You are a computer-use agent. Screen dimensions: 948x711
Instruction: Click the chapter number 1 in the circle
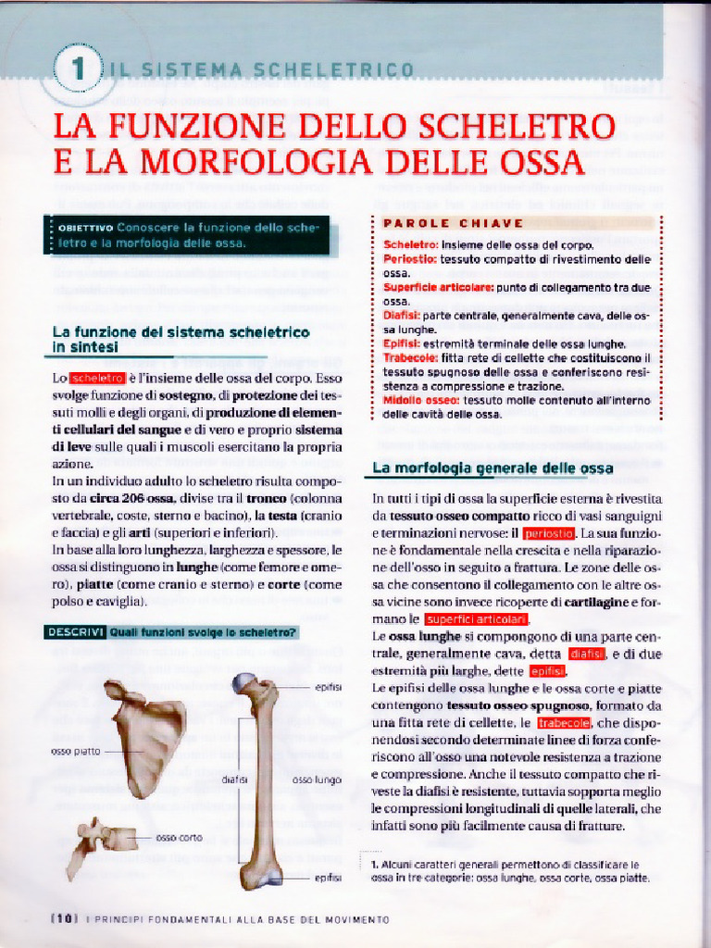pyautogui.click(x=80, y=68)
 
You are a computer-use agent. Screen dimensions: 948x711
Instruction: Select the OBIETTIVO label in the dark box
pyautogui.click(x=84, y=227)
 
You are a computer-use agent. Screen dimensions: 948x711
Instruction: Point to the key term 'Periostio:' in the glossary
pyautogui.click(x=409, y=259)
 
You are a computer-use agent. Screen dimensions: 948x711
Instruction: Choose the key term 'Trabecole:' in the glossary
pyautogui.click(x=411, y=356)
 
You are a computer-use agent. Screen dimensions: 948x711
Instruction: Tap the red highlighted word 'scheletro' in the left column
pyautogui.click(x=97, y=378)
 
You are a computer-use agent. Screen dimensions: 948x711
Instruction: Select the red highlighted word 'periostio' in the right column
pyautogui.click(x=548, y=534)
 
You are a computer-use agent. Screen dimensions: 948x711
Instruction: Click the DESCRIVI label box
pyautogui.click(x=75, y=632)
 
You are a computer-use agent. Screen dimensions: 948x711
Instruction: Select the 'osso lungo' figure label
pyautogui.click(x=317, y=780)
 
